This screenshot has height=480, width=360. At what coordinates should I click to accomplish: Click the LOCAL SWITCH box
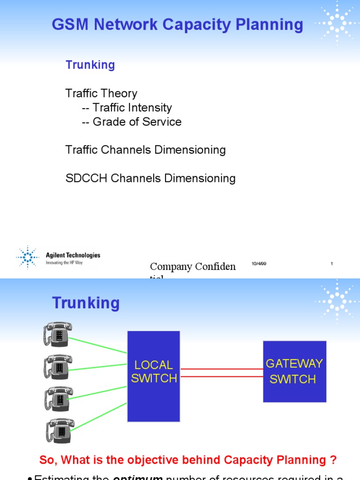click(x=153, y=376)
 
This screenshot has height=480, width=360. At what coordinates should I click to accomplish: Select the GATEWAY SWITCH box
click(x=294, y=371)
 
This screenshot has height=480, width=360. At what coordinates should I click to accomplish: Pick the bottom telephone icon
click(x=60, y=430)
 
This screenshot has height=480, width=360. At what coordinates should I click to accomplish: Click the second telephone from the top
click(x=59, y=367)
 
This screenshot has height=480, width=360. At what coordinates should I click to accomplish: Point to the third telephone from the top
click(x=59, y=399)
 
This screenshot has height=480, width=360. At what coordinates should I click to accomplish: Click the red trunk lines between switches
click(x=221, y=373)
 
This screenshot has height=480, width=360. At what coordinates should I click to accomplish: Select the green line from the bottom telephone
click(x=99, y=415)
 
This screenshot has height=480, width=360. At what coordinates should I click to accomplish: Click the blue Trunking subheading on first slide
click(x=90, y=65)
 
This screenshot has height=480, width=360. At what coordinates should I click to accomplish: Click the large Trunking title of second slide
click(x=86, y=303)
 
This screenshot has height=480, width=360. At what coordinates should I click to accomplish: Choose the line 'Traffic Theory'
click(x=101, y=93)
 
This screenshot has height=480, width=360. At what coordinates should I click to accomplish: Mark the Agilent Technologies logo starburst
click(x=28, y=256)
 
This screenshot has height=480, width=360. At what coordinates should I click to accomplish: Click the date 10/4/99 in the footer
click(x=259, y=264)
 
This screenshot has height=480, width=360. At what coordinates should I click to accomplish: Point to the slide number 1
click(x=331, y=264)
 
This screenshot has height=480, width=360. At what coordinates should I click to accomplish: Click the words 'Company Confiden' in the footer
click(x=193, y=267)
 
